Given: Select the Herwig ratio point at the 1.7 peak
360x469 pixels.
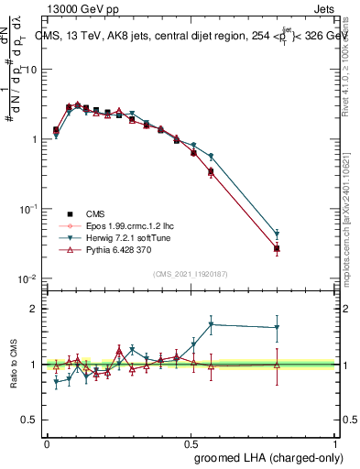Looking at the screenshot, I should tap(212, 324).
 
